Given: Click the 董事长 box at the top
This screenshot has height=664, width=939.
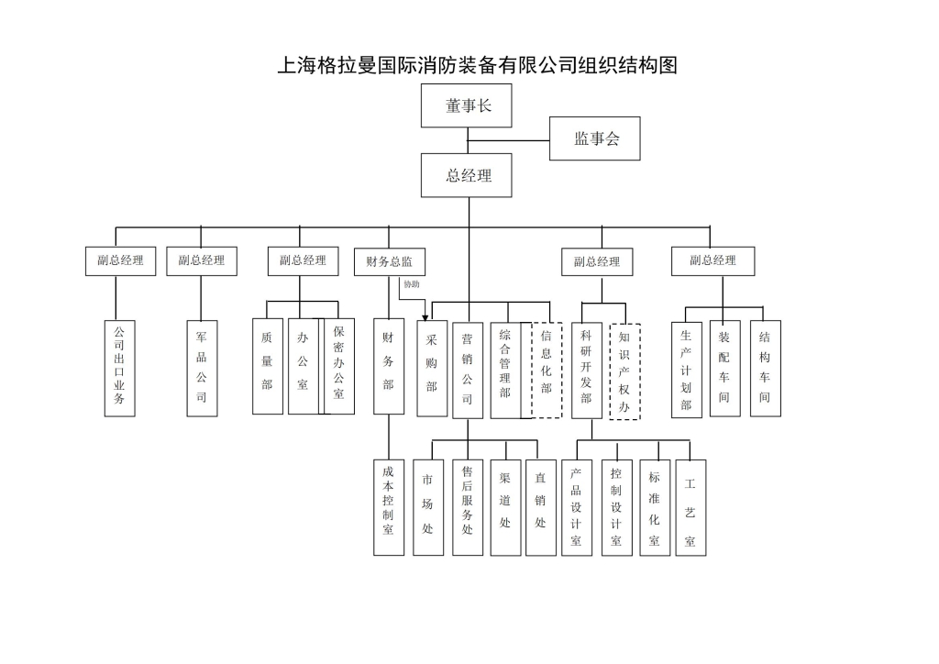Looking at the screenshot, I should (467, 105).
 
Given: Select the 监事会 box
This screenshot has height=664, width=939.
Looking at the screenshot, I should (594, 138).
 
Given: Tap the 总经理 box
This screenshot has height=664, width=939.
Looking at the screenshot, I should (467, 175).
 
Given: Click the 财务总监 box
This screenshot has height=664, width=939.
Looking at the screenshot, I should (390, 261).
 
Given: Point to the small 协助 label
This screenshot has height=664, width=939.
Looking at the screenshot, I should (412, 284).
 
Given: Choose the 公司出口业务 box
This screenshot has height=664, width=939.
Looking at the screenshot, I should (119, 367).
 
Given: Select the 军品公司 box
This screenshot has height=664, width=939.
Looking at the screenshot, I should (202, 367).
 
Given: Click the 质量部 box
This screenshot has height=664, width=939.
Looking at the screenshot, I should (267, 366).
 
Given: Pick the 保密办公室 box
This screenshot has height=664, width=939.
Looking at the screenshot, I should (337, 366).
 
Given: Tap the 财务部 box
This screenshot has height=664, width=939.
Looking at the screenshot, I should (389, 366).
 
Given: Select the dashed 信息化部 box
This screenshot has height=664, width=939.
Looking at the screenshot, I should (547, 370).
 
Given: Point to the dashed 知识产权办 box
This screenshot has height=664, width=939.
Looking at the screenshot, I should (624, 371).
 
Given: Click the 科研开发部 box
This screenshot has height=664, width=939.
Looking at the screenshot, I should (586, 370).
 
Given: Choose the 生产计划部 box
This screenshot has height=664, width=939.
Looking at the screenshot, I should (686, 369).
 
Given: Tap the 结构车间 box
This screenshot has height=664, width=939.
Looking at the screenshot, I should (765, 369).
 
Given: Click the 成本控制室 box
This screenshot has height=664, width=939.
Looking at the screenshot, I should (389, 506).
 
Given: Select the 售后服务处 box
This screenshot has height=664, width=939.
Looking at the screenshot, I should (468, 507).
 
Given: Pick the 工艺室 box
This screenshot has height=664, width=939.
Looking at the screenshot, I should (690, 507).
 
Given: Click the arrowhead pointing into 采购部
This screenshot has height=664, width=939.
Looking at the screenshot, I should (425, 316).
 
